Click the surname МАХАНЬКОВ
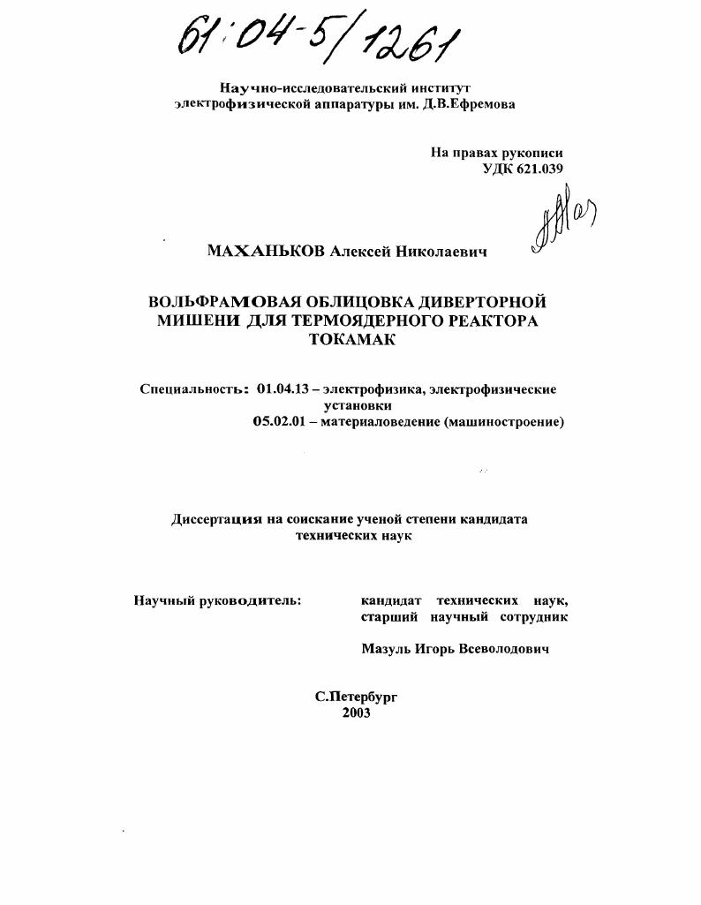pos(267,252)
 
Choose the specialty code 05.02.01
pos(279,422)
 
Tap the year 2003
pos(356,713)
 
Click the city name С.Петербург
pos(357,696)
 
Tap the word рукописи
pos(533,152)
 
